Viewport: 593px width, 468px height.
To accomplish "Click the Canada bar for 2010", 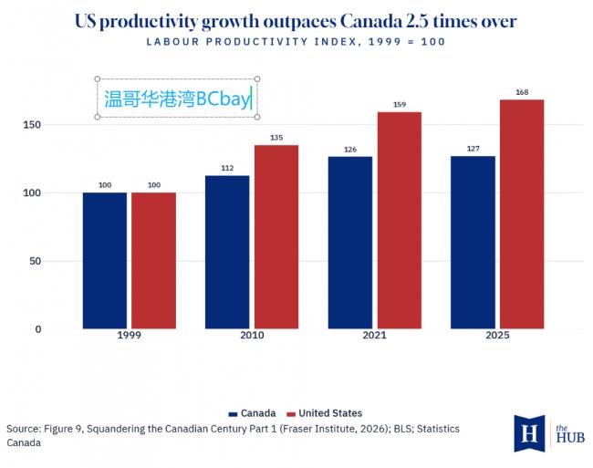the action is click(227, 252).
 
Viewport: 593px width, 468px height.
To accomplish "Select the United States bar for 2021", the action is click(400, 221).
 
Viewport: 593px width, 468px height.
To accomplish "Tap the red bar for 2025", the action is click(522, 214).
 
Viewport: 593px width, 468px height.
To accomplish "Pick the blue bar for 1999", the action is click(105, 261).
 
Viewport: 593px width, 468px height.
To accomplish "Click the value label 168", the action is click(522, 92).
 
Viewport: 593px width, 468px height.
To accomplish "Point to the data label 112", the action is click(227, 168).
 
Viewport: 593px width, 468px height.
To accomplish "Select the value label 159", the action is click(400, 104).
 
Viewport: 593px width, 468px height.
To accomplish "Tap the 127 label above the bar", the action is click(473, 149).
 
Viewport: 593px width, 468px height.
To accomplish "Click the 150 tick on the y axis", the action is click(32, 125).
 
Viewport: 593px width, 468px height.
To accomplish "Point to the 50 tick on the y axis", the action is click(35, 261).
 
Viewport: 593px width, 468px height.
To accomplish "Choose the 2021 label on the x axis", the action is click(374, 336).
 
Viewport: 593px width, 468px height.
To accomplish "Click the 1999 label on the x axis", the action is click(129, 336).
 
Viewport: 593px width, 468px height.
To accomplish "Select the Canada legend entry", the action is click(252, 413).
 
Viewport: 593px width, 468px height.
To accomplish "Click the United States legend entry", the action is click(325, 413).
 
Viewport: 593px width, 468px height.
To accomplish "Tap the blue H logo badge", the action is click(529, 433).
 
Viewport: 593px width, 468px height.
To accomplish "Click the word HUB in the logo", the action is click(570, 438).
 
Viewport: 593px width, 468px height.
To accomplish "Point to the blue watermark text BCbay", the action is click(224, 99).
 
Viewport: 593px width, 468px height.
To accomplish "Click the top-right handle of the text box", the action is click(257, 79).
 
